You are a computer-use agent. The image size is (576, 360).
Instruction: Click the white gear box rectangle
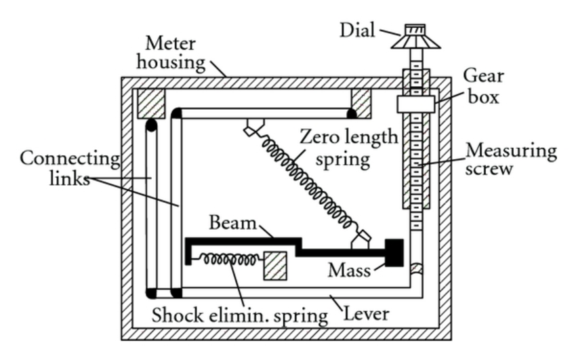click(x=415, y=104)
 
